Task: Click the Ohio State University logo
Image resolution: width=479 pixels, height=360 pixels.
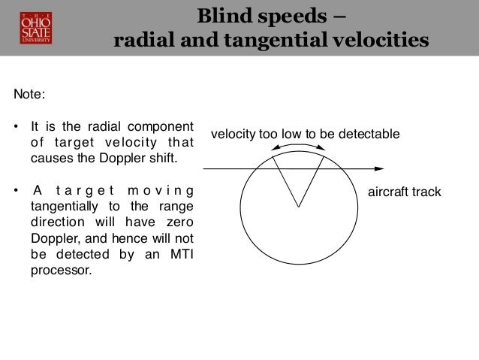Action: [31, 27]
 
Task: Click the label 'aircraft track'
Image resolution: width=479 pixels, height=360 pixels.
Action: [404, 192]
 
